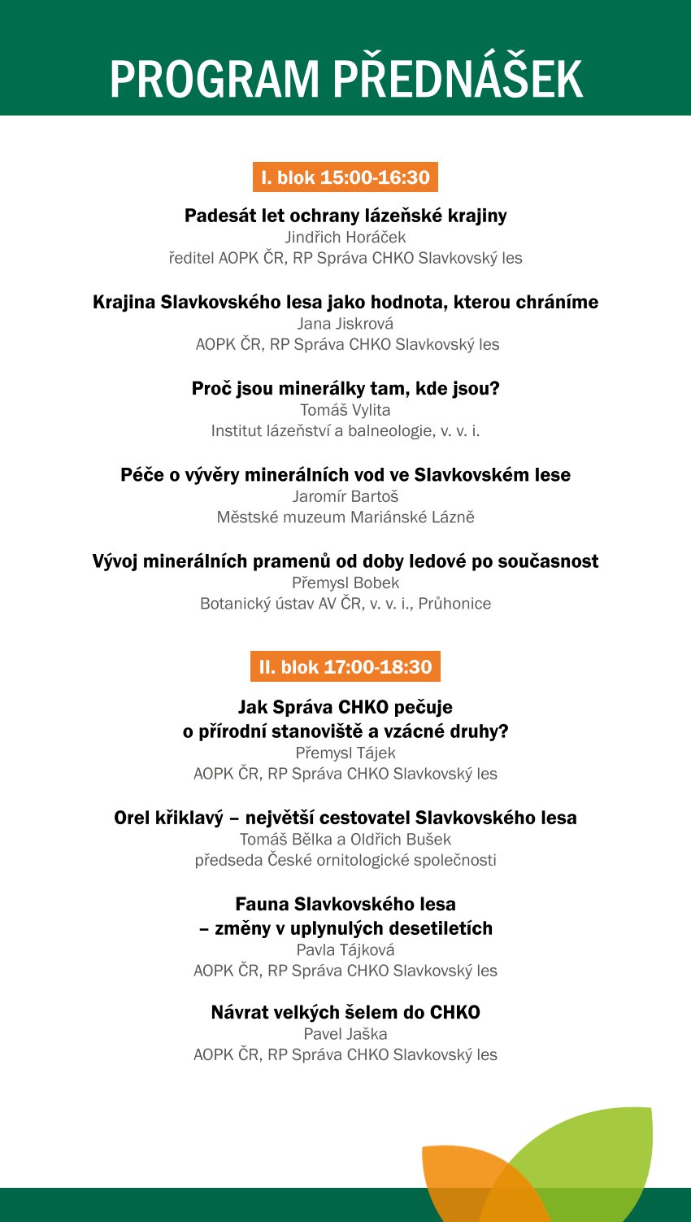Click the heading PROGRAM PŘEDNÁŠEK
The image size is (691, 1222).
(345, 79)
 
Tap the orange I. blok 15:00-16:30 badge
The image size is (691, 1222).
(345, 177)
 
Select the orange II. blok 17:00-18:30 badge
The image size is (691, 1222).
(345, 667)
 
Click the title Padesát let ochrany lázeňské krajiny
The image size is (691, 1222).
(345, 216)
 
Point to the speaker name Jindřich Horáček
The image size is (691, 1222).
(345, 238)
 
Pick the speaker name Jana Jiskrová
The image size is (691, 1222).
(345, 324)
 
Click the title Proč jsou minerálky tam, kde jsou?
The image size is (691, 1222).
(345, 389)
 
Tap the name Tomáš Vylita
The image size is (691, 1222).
(345, 410)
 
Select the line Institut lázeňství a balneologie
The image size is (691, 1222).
(345, 431)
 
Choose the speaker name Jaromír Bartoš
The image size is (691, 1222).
(345, 496)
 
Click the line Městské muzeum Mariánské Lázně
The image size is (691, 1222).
(345, 517)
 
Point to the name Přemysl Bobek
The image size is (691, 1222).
(345, 583)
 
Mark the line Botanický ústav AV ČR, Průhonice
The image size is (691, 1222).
(345, 604)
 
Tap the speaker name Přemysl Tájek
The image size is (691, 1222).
(345, 753)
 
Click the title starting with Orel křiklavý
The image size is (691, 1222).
(345, 818)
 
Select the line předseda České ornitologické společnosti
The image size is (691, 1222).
(345, 861)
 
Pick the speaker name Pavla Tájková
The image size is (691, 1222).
(345, 950)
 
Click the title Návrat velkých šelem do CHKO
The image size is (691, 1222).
(345, 1013)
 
